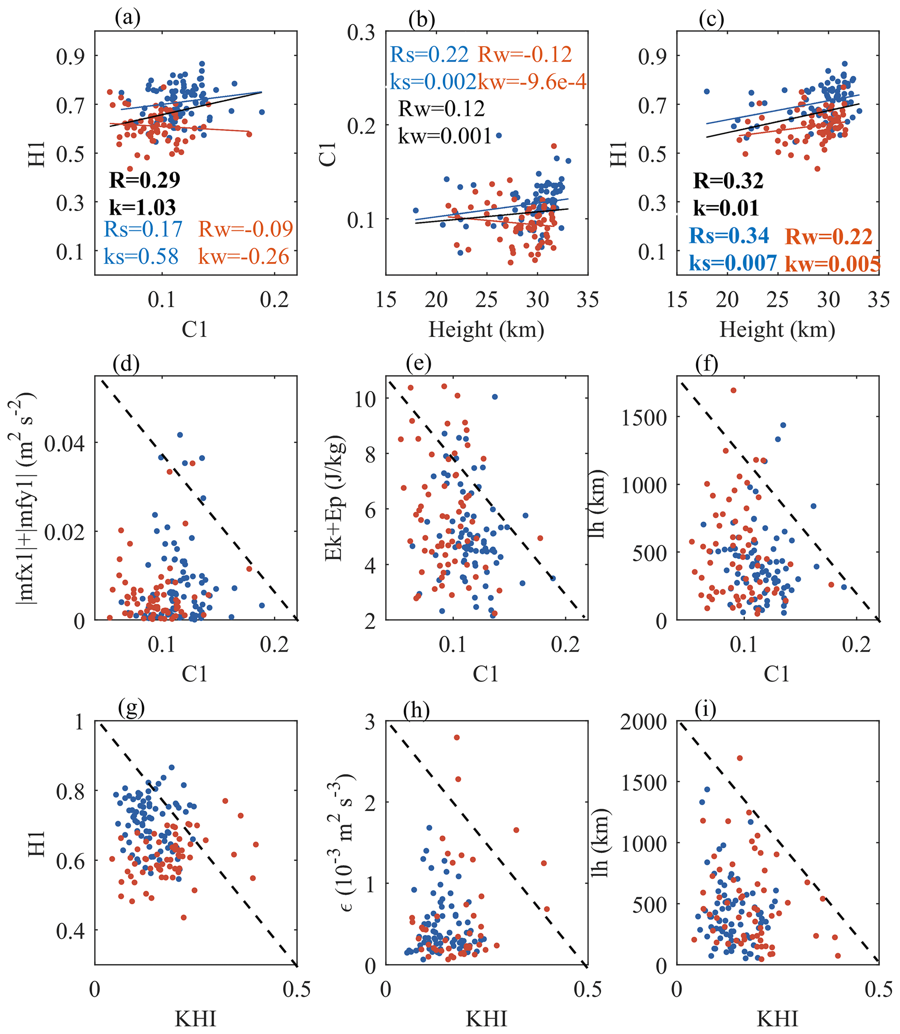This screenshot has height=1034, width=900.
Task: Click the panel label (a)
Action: [128, 19]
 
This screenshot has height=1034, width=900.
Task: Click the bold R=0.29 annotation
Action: [145, 180]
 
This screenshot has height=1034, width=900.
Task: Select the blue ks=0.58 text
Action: [141, 257]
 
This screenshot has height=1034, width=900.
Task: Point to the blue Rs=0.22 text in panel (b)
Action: [429, 54]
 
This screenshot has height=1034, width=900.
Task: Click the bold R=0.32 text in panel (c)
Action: [728, 181]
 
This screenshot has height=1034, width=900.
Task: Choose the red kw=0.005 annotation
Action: [832, 264]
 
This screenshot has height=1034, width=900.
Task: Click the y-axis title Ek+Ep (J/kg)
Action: [334, 497]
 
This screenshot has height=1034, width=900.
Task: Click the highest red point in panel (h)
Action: [456, 737]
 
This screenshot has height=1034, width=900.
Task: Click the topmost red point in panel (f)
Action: [733, 390]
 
